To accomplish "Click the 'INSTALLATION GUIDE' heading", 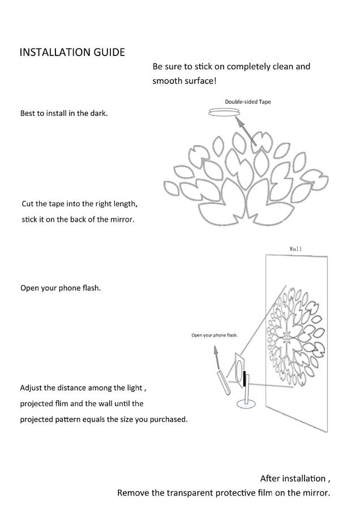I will click(x=72, y=53).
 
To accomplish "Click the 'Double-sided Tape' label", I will click(x=248, y=102).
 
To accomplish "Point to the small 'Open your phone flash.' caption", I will click(x=214, y=335).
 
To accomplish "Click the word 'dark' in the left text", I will click(x=97, y=113).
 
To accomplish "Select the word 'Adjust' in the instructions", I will click(x=31, y=388).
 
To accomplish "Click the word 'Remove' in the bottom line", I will click(x=132, y=493).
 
